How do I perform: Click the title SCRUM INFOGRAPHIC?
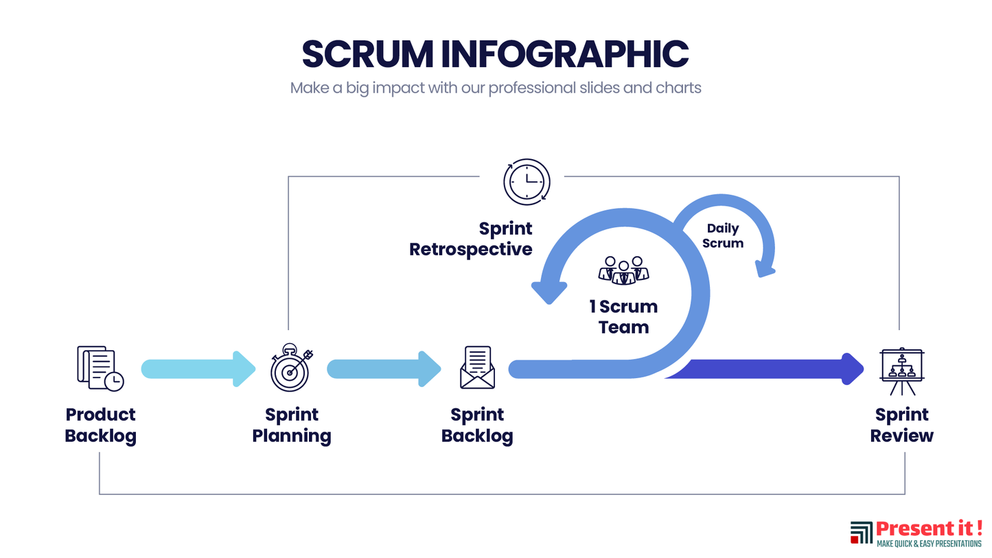tap(495, 54)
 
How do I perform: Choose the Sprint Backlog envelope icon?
tap(477, 367)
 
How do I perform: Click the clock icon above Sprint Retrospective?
tap(527, 182)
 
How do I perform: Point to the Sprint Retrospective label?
tap(471, 239)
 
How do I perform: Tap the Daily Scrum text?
tap(723, 236)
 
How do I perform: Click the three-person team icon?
tap(623, 270)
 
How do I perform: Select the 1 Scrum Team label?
tap(623, 316)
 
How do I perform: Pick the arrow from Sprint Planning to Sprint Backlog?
tap(384, 369)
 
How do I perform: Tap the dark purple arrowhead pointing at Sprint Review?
tap(851, 369)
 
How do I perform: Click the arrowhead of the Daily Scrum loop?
tap(764, 268)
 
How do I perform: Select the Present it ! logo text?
tap(929, 529)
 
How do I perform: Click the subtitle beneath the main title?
tap(495, 89)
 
